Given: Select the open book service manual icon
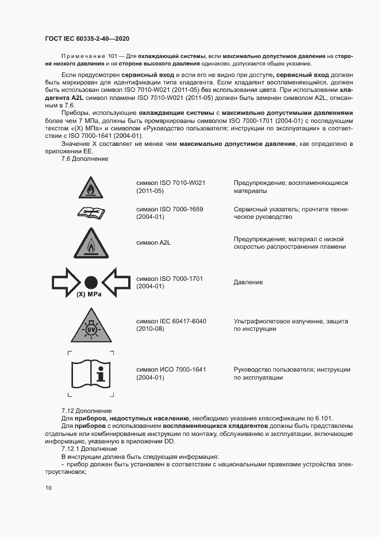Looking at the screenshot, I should pyautogui.click(x=90, y=213).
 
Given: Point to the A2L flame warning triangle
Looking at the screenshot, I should pyautogui.click(x=90, y=244).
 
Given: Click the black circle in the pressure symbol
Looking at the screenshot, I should pyautogui.click(x=90, y=282).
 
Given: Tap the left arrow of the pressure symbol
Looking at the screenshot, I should pyautogui.click(x=67, y=282).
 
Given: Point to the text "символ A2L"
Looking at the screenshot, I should pyautogui.click(x=153, y=243).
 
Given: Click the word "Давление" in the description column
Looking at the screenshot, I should pyautogui.click(x=248, y=283).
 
